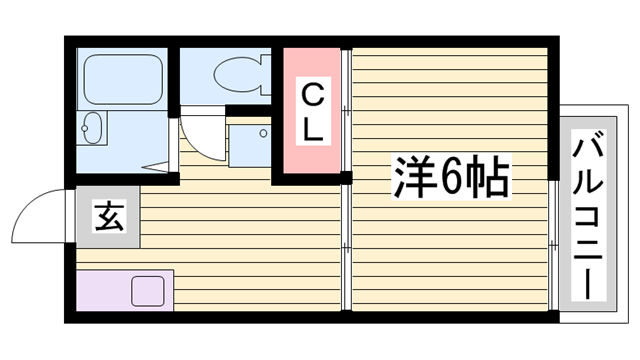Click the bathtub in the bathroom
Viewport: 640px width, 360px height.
[x=122, y=77]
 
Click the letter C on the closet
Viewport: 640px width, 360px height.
[x=312, y=96]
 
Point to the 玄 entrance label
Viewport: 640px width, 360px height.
[x=109, y=216]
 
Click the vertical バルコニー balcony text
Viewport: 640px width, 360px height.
[x=589, y=214]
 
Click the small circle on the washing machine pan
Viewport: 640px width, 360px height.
[x=264, y=132]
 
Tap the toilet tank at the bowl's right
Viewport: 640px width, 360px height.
[x=262, y=73]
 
